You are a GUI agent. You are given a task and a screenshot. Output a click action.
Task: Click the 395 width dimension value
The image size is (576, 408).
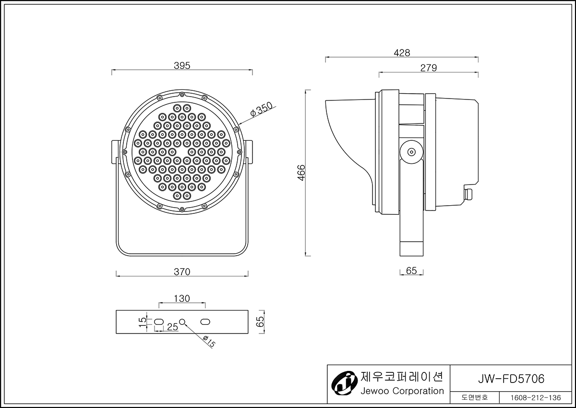182,66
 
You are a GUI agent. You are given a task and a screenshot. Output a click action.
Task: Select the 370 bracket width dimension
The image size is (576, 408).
182,272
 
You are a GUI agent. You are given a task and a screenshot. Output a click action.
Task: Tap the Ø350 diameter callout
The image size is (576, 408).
261,110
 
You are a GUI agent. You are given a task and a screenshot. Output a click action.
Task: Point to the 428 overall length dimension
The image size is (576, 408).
402,53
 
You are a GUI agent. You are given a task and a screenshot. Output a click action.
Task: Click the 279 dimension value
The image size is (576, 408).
429,68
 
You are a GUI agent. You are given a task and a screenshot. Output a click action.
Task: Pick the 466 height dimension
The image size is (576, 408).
301,173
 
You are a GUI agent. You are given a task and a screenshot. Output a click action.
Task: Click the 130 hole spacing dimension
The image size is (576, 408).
182,298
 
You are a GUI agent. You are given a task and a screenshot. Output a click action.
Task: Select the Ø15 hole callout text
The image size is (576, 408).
209,341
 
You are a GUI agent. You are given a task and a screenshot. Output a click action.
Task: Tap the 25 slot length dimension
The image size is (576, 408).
172,327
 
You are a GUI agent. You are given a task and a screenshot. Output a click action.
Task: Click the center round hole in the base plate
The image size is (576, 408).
182,322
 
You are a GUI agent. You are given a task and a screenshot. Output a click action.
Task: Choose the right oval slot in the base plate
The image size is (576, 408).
205,322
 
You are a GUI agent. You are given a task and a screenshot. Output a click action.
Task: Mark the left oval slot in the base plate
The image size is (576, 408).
159,322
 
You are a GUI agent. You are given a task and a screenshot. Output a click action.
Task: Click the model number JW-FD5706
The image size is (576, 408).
511,379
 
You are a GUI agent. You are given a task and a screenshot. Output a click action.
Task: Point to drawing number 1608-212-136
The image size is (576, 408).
536,398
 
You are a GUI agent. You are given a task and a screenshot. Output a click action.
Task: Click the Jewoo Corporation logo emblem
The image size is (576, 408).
344,383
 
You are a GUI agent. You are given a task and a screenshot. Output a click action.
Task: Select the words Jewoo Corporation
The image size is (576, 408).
402,391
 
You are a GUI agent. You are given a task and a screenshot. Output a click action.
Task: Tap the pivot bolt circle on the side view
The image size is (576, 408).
412,152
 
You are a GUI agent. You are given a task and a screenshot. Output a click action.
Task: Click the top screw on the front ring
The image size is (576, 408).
182,95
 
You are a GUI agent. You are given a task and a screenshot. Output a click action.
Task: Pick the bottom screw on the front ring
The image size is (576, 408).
182,209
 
